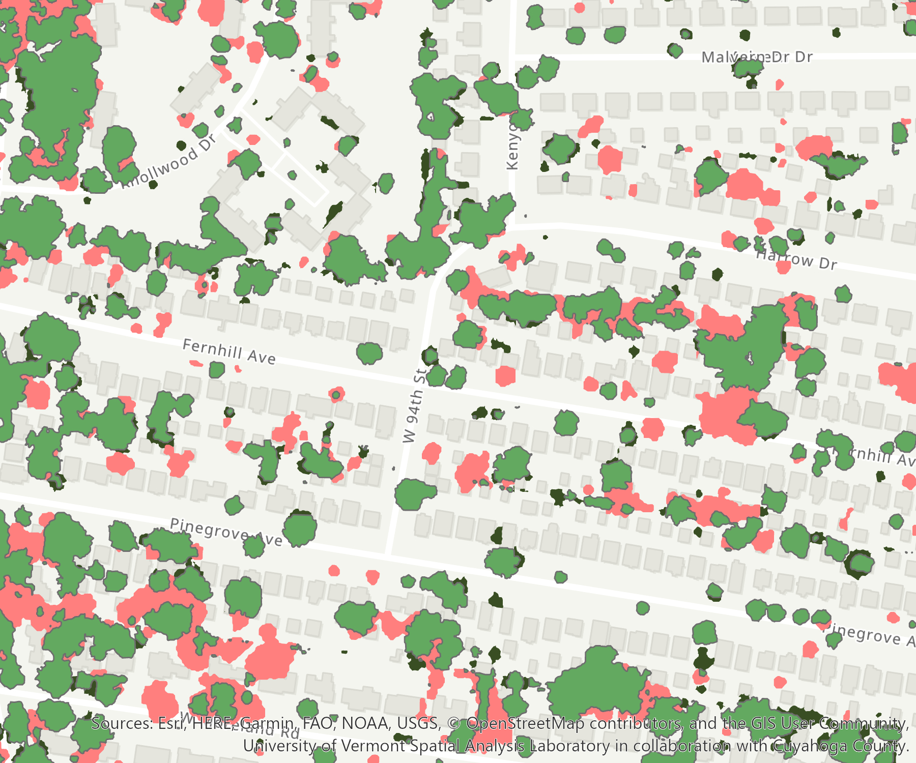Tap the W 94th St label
point(413,406)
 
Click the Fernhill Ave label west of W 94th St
point(229,352)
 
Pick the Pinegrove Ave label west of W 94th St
point(225,532)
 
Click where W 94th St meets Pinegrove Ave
point(388,553)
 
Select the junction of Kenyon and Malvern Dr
point(512,55)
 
